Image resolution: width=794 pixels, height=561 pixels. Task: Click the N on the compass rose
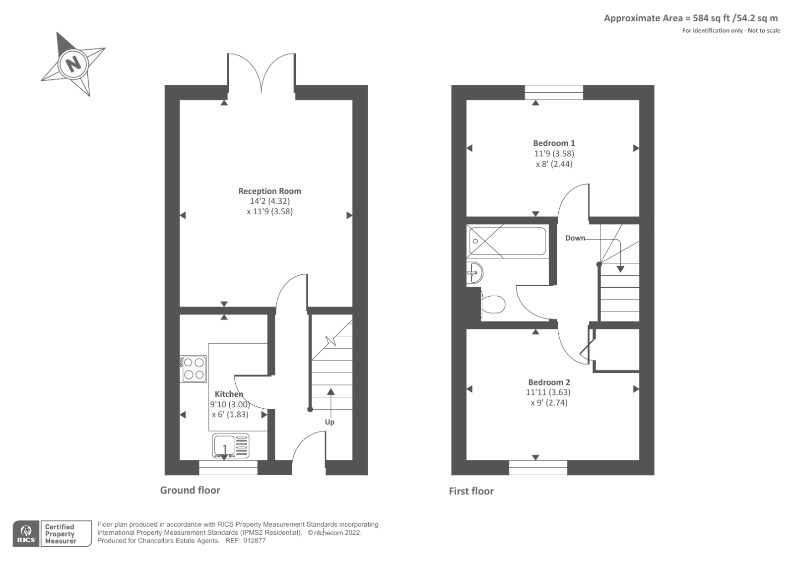click(x=73, y=63)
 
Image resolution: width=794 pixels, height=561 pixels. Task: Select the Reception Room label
click(x=269, y=191)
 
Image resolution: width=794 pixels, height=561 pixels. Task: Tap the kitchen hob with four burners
click(x=194, y=369)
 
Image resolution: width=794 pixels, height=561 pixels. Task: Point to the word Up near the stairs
click(x=330, y=422)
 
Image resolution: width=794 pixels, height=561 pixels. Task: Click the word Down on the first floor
click(x=575, y=238)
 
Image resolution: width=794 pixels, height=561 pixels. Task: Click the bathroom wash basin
click(x=475, y=272)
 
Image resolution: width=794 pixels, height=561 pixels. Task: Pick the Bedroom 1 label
click(x=554, y=143)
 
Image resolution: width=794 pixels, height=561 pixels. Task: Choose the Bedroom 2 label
click(x=549, y=382)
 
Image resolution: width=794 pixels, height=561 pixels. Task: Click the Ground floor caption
click(x=190, y=490)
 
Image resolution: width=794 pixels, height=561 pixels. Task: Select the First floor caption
click(x=471, y=491)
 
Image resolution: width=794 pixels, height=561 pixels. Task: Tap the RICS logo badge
click(x=27, y=534)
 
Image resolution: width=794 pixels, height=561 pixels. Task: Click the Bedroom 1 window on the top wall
click(x=554, y=92)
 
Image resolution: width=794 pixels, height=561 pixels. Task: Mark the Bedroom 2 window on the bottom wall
click(x=538, y=467)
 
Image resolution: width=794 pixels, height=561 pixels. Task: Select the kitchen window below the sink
click(x=228, y=467)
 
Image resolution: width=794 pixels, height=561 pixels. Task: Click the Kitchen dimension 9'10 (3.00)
click(x=230, y=404)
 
